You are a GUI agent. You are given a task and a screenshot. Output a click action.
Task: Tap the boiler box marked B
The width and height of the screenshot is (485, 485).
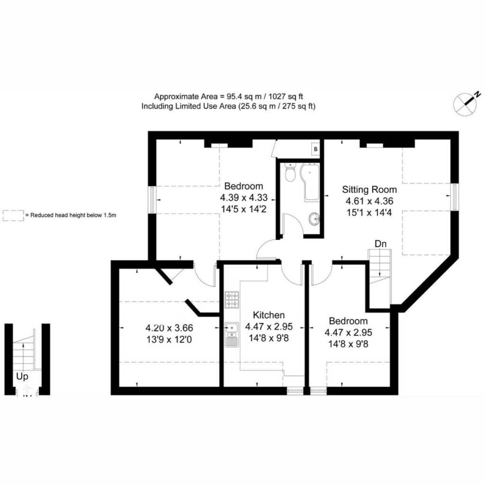click(315, 149)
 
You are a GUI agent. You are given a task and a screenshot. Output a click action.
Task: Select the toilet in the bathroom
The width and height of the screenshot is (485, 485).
click(290, 172)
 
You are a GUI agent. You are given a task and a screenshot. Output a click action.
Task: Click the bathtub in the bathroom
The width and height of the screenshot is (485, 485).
click(310, 182)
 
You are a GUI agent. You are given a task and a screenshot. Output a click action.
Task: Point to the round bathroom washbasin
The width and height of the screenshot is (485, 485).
click(314, 219)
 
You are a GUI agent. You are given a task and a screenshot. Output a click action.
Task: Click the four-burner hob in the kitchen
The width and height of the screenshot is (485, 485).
click(232, 300)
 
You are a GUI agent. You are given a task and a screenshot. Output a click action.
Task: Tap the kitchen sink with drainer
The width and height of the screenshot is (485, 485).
click(232, 334)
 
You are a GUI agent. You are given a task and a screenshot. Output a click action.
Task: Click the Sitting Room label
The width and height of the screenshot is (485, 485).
click(369, 189)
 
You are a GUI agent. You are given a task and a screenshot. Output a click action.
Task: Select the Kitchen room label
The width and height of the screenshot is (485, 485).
click(269, 315)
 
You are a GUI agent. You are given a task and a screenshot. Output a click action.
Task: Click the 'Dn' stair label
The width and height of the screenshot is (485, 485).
click(380, 244)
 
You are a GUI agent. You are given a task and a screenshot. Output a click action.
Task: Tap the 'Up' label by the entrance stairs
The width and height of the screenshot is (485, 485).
click(22, 377)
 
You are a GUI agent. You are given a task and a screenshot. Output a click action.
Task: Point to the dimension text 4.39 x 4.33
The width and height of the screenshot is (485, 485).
click(244, 198)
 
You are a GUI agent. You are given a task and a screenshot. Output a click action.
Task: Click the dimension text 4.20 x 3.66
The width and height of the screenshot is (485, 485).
click(169, 328)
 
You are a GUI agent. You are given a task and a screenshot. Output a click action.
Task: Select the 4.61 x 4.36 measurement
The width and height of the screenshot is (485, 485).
click(369, 201)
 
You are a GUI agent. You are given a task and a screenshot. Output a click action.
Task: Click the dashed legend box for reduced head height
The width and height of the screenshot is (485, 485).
click(13, 216)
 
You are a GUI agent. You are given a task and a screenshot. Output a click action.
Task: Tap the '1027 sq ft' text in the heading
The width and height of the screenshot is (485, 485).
click(286, 97)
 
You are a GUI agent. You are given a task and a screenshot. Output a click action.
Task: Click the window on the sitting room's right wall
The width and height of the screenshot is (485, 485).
click(455, 197)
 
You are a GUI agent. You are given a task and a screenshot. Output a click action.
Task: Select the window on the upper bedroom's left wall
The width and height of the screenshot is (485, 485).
click(152, 199)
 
